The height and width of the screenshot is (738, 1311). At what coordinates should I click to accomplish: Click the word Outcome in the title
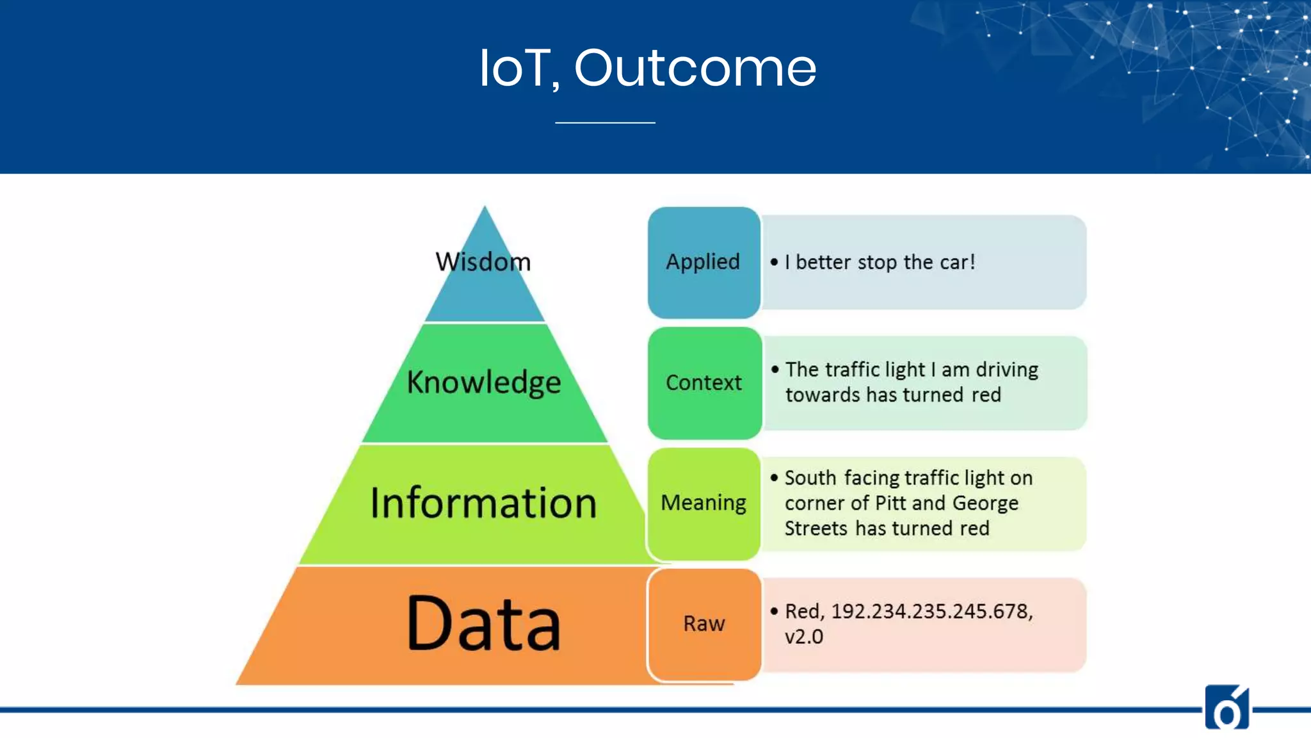tap(695, 68)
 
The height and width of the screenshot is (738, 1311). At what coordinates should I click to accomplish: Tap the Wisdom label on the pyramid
tap(483, 262)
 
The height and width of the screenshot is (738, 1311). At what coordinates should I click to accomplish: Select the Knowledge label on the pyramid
tap(484, 382)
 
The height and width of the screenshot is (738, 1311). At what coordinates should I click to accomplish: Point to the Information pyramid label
tap(484, 503)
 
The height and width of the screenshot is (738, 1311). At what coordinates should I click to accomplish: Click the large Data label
tap(484, 623)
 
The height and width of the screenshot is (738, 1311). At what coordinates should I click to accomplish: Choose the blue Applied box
tap(704, 262)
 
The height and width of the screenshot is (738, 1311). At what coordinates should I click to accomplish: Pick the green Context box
tap(704, 382)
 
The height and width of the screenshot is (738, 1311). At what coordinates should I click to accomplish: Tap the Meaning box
tap(704, 503)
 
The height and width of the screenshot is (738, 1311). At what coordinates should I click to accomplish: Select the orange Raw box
tap(704, 623)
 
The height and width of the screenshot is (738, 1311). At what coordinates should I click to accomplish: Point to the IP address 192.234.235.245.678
tap(931, 611)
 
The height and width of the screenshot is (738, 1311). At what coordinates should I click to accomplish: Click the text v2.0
tap(804, 637)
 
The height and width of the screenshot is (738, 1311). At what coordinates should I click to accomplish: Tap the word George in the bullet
tap(985, 504)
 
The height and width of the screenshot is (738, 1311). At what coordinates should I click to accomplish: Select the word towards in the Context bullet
tap(823, 395)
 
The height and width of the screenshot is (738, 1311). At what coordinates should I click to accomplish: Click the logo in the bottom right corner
tap(1227, 707)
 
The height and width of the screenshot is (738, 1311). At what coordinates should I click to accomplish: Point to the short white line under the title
tap(605, 122)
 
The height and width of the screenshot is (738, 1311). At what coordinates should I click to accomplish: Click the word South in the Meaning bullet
tap(810, 478)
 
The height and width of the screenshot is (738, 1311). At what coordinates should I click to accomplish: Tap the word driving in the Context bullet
tap(1006, 370)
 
